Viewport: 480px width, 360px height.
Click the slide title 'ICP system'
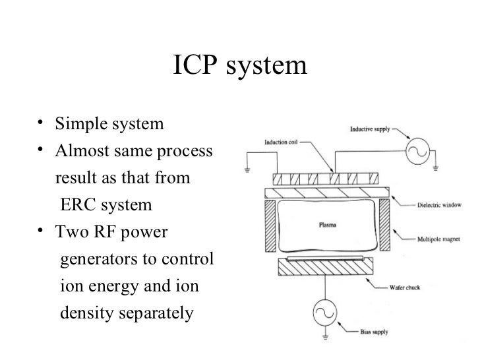[240, 65]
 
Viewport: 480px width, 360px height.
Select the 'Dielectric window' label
[442, 204]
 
